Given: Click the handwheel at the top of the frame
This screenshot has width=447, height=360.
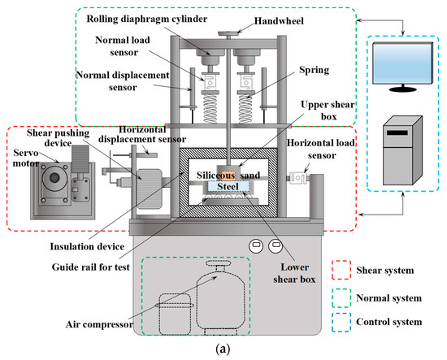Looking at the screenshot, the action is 228,34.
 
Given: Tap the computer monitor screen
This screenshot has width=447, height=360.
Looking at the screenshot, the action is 402,63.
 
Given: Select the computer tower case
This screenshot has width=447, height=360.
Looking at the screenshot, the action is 402,150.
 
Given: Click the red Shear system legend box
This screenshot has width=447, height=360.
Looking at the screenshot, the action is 341,270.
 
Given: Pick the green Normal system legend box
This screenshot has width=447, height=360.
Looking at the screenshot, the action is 341,298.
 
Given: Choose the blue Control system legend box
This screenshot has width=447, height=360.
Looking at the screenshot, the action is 341,322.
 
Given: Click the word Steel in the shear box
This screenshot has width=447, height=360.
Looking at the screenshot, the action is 228,186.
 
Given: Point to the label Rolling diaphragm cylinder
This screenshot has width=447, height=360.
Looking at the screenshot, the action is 147,20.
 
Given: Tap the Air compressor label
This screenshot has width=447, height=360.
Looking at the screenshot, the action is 99,324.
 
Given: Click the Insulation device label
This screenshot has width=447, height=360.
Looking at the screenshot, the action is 87,246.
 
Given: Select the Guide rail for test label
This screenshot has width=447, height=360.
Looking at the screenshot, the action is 91,267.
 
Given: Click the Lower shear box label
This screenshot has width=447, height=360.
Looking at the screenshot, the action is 294,273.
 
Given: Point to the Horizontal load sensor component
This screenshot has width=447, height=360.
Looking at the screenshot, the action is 297,178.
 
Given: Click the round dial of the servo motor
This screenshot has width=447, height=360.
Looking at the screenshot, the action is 54,178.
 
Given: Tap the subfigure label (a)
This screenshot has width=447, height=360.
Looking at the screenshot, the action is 223,349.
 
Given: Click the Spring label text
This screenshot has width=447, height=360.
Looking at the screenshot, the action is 315,70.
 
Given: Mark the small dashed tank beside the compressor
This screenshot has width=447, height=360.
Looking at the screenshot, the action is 175,314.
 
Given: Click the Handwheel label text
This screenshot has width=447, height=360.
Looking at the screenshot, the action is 279,21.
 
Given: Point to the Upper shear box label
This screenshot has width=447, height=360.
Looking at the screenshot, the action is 328,111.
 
